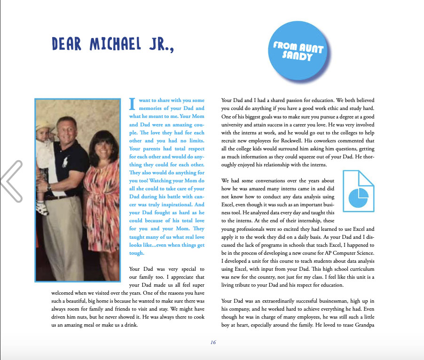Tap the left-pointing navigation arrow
tap(11, 181)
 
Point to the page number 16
tap(213, 342)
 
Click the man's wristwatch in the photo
tap(49, 186)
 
